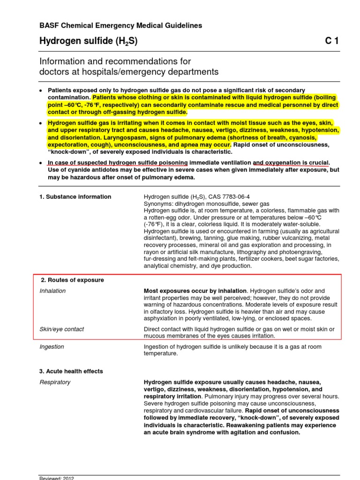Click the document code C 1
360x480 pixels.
click(x=331, y=41)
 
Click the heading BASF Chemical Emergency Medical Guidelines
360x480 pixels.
click(x=120, y=25)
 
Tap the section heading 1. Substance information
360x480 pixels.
click(x=75, y=196)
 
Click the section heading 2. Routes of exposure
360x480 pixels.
click(x=73, y=280)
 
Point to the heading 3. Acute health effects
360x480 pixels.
click(x=71, y=371)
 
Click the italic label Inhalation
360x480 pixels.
click(x=52, y=291)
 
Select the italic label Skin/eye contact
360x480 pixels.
click(x=61, y=329)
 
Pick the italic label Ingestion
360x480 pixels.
click(x=52, y=347)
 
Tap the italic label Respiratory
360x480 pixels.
click(x=55, y=382)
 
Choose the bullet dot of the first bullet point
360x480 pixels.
click(x=41, y=90)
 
